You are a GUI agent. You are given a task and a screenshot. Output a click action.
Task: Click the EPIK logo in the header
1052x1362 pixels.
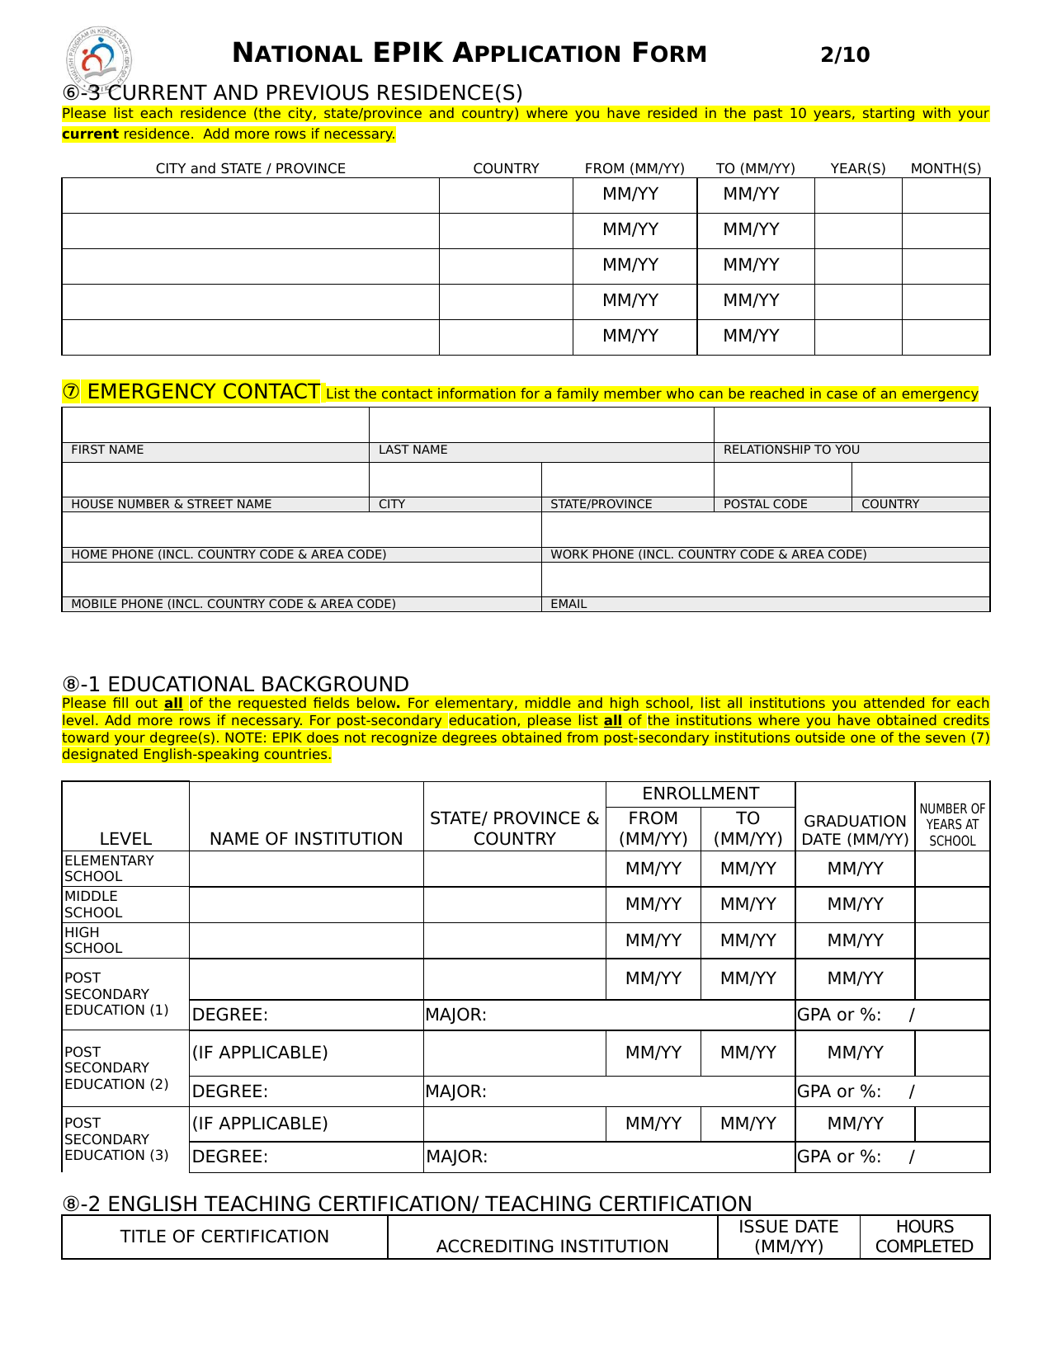point(98,57)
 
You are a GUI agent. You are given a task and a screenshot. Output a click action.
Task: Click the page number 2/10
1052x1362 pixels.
point(845,55)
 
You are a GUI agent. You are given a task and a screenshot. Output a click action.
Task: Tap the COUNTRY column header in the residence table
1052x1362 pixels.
point(506,168)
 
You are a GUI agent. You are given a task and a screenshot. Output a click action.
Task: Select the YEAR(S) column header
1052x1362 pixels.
point(858,168)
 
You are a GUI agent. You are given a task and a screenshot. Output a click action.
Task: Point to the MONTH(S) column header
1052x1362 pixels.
point(946,168)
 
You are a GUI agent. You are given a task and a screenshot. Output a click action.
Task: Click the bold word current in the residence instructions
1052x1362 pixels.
point(90,134)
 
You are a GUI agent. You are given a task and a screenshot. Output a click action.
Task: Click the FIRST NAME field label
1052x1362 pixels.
point(107,450)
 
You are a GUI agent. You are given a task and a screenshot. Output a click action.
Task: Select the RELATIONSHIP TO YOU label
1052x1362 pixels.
point(791,450)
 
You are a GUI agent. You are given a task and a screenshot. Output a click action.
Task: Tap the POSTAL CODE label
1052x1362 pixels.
point(765,504)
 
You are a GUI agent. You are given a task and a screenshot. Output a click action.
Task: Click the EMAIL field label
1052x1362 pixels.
point(568,604)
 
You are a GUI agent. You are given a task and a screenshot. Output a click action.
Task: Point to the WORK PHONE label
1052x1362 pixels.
point(708,554)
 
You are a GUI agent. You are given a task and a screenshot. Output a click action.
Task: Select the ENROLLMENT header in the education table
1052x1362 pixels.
point(701,794)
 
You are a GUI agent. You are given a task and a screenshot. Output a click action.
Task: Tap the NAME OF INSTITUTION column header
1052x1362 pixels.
point(306,839)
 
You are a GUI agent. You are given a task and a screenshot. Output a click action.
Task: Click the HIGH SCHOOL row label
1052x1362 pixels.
point(93,940)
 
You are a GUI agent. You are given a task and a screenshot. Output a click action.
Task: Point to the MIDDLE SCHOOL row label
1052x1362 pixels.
point(93,904)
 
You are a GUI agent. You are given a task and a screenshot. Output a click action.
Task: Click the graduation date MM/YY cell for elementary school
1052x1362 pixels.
point(855,869)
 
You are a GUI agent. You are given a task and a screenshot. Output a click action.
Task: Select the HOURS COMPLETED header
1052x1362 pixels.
point(924,1237)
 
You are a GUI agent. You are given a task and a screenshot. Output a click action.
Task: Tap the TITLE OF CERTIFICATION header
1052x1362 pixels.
point(224,1237)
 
